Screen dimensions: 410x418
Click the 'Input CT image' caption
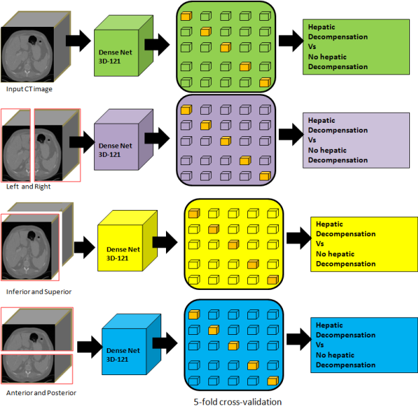[28, 89]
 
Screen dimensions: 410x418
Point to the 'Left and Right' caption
[26, 187]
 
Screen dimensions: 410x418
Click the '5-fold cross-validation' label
[236, 402]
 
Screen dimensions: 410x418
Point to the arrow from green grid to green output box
[290, 40]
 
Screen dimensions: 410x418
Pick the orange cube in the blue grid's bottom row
[271, 382]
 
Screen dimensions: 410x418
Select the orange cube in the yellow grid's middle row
[233, 244]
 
